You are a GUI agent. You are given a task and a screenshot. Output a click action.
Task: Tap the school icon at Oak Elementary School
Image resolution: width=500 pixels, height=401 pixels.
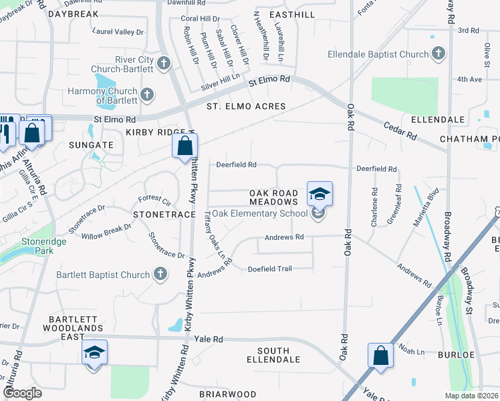point(318,213)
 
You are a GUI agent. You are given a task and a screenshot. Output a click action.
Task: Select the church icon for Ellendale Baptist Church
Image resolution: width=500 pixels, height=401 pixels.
point(439,53)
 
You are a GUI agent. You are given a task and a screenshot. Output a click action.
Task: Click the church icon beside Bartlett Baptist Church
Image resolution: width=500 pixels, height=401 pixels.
point(160,274)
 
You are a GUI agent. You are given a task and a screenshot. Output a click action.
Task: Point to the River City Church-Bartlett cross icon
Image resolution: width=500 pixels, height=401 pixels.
point(163,63)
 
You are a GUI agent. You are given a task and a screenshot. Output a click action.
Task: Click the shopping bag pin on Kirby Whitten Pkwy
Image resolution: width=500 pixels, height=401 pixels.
point(184,145)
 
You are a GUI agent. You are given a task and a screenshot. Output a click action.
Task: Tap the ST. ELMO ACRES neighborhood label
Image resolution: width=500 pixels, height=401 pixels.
point(246,106)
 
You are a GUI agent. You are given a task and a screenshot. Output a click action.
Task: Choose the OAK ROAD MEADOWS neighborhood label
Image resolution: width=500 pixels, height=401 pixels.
point(273,197)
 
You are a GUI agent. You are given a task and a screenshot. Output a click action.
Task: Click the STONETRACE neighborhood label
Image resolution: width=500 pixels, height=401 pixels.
point(158,215)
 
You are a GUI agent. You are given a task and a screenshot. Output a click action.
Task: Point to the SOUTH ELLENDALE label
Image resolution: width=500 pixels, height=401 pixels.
point(273,356)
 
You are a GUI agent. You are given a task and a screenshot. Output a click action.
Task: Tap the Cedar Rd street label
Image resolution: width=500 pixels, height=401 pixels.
point(400,130)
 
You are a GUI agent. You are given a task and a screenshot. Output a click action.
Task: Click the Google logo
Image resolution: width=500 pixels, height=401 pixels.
point(23,394)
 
